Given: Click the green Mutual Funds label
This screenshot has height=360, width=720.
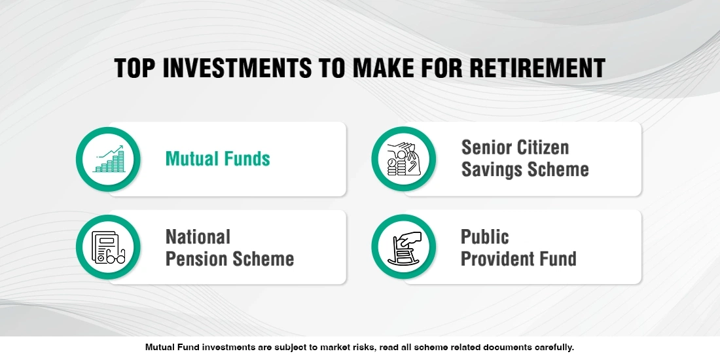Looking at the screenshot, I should [x=218, y=158].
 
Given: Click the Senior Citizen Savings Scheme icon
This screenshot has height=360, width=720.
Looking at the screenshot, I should [x=403, y=159].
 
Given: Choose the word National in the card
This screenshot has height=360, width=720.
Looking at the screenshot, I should [x=198, y=236].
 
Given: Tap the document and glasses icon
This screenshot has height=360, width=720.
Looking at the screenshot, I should [x=108, y=247].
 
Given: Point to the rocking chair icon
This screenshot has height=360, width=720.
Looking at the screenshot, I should [x=403, y=247].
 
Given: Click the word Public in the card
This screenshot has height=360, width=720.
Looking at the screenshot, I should [x=485, y=236].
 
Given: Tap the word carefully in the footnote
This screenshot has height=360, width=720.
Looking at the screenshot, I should [x=552, y=348].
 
